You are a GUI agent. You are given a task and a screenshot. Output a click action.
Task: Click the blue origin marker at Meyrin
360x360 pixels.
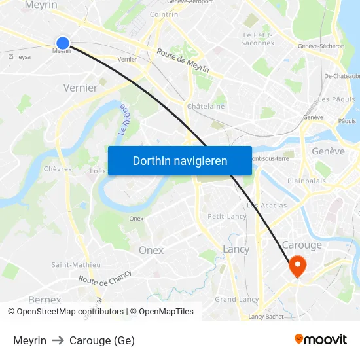point(63,44)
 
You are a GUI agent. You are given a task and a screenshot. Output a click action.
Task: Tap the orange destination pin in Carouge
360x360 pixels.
point(298,265)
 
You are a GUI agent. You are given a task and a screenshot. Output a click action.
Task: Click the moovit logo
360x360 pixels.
point(321,339)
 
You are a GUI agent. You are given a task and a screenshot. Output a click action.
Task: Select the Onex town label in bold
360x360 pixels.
point(151,250)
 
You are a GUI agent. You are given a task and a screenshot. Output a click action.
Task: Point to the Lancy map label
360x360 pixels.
point(236,249)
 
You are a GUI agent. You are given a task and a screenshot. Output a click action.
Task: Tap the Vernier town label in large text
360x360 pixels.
point(81,88)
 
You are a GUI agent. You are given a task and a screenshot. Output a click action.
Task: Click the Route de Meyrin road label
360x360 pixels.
point(183,62)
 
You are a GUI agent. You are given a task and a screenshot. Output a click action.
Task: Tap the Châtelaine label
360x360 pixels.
point(206,106)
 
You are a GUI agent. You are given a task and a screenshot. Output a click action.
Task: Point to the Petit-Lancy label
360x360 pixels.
point(226,216)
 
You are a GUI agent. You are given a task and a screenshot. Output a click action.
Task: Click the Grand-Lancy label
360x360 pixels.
point(237,299)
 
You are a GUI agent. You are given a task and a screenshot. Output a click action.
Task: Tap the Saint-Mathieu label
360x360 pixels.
point(76,265)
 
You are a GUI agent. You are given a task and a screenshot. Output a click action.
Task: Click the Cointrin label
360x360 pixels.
point(164,14)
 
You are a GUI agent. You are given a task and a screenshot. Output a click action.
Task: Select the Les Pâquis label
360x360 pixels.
point(336,99)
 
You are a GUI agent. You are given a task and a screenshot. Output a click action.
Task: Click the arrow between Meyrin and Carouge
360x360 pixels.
point(58,340)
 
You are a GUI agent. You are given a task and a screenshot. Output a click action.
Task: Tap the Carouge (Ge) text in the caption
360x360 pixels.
point(101,340)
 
